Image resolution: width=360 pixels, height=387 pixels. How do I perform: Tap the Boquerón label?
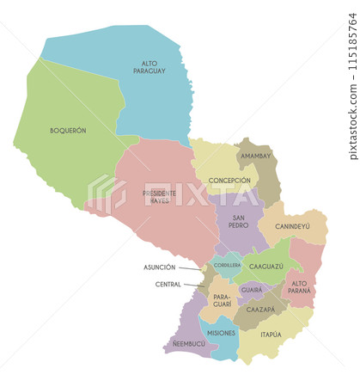pos(68,131)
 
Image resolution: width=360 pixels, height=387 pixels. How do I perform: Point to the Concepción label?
pos(229,181)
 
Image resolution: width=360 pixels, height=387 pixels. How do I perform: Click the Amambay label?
pos(255,156)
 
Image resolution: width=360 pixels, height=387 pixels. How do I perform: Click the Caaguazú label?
pos(266,267)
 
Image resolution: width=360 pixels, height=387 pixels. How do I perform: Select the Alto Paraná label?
pos(299,287)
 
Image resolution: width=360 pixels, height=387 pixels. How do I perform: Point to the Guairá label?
pos(252,290)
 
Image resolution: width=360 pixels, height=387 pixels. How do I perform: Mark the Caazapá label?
pos(260,309)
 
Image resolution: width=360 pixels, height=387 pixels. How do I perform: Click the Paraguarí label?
pos(222,300)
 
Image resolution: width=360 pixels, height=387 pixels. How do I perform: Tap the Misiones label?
pos(221,333)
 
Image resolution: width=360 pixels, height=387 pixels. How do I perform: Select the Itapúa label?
pos(271,334)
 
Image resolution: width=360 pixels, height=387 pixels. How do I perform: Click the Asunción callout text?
pos(159,267)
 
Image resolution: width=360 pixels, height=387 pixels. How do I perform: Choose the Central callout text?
pos(168,284)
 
